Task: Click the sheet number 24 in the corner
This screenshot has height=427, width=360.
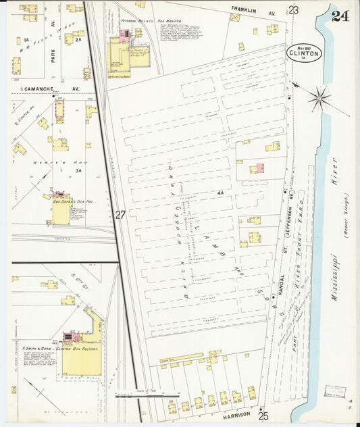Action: (x=340, y=16)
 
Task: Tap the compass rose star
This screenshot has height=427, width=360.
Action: (x=319, y=99)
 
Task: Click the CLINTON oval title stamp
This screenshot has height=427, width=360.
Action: (x=304, y=52)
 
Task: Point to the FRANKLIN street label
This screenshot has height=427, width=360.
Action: (x=245, y=9)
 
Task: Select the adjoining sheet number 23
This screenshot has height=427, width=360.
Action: (x=293, y=9)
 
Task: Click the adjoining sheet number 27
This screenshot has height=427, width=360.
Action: (x=120, y=215)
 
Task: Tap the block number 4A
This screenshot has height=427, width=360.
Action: (x=220, y=193)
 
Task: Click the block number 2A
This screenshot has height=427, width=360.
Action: (x=78, y=41)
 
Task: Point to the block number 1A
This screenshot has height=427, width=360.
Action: (x=26, y=41)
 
